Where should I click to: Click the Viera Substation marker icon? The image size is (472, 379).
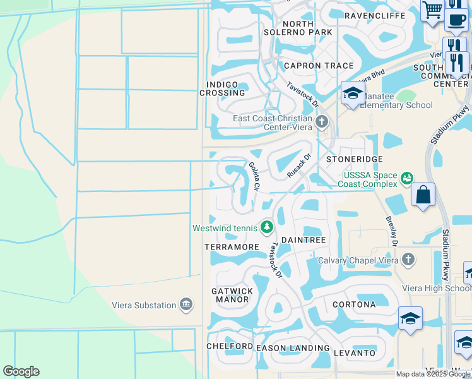186,305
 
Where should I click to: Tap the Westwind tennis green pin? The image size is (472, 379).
268,226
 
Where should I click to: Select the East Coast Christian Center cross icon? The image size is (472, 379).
322,121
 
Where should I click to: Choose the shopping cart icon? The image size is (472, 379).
433,9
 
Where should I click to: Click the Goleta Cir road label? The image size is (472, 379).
254,177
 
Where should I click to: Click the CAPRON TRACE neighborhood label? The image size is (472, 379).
310,66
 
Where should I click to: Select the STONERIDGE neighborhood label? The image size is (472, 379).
354,160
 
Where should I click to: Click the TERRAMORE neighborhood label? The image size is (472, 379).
232,246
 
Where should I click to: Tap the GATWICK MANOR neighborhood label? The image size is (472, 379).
232,295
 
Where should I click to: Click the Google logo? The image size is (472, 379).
21,371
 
